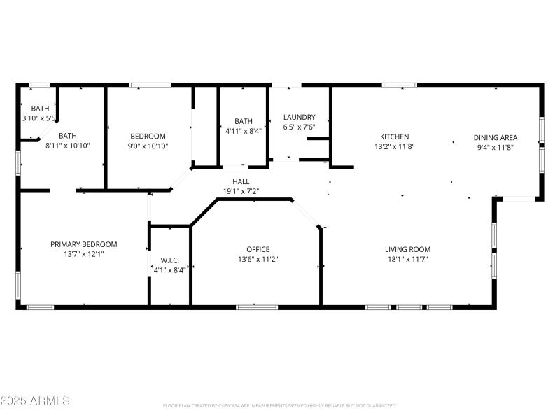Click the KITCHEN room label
(x=394, y=136)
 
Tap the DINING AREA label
(x=495, y=137)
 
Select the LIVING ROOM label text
(x=407, y=249)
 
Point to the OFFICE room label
(x=258, y=249)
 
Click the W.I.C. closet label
(x=169, y=260)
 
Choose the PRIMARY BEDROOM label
(x=83, y=244)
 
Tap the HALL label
(x=241, y=181)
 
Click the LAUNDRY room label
(x=299, y=118)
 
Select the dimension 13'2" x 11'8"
(x=394, y=147)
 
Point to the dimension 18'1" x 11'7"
(x=407, y=259)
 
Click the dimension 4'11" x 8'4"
(x=243, y=130)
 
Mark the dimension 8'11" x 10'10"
(x=67, y=146)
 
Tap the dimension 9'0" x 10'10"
(x=148, y=146)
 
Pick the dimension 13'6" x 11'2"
(x=258, y=259)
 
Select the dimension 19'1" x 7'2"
(x=241, y=191)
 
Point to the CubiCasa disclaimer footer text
(x=279, y=405)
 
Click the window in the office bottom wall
(x=257, y=307)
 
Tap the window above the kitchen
(x=399, y=85)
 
